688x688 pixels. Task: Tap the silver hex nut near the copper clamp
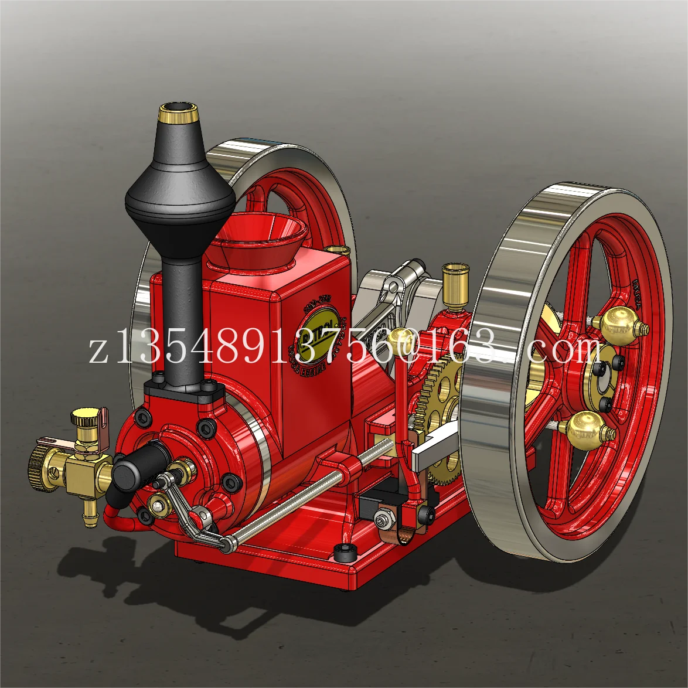click(x=384, y=519)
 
